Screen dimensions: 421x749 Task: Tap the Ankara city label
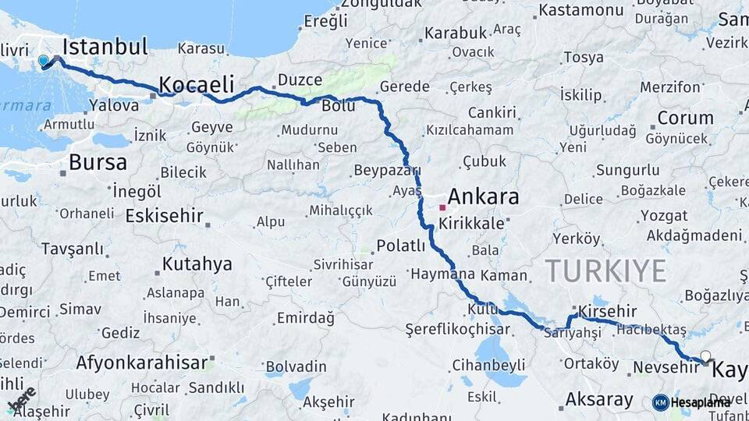coord(485,196)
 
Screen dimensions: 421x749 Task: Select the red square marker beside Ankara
coord(442,207)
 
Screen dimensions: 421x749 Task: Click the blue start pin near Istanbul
coord(43,60)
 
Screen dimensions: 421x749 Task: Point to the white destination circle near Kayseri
coord(705,356)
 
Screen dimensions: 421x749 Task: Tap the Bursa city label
coord(98,163)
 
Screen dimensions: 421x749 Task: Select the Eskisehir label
coord(164,216)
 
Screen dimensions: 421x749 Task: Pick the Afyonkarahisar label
coord(143,363)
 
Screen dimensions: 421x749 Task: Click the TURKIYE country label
coord(605,271)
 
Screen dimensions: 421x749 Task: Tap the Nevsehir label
coord(663,366)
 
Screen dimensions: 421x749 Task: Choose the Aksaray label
coord(599,400)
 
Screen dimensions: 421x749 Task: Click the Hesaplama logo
coord(691,402)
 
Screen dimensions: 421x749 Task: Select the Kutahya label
coord(197,264)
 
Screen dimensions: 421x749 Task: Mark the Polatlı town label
coord(401,246)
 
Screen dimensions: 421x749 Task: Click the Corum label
coord(685,119)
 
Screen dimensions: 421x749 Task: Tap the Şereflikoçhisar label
coord(463,330)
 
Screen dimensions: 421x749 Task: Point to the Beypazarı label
coord(387,170)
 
